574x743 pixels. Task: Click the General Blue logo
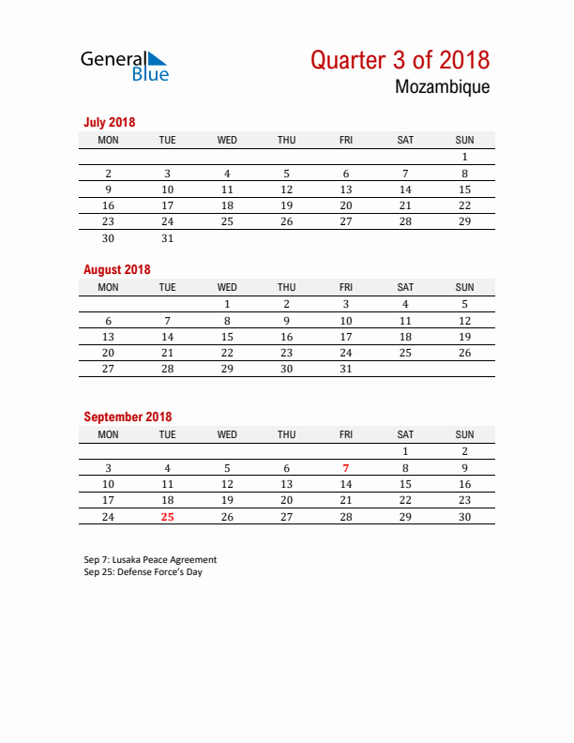(125, 66)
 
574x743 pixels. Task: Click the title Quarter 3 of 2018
(400, 60)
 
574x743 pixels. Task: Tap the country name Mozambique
(442, 87)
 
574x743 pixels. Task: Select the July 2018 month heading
(110, 122)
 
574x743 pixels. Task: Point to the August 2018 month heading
(116, 269)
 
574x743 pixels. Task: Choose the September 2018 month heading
(128, 417)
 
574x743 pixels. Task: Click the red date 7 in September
(346, 468)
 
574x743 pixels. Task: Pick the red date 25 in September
(168, 517)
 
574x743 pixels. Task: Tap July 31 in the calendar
(168, 238)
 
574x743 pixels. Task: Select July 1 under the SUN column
(464, 157)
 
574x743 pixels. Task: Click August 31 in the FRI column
(346, 369)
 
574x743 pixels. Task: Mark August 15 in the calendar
(227, 337)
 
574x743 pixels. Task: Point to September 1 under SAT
(405, 451)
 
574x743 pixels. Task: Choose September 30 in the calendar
(464, 517)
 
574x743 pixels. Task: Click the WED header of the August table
(227, 287)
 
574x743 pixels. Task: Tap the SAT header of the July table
(405, 140)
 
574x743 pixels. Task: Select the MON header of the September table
(108, 434)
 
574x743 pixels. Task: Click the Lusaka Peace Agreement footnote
(150, 560)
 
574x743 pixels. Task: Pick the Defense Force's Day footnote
(143, 572)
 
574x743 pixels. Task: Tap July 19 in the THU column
(287, 205)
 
